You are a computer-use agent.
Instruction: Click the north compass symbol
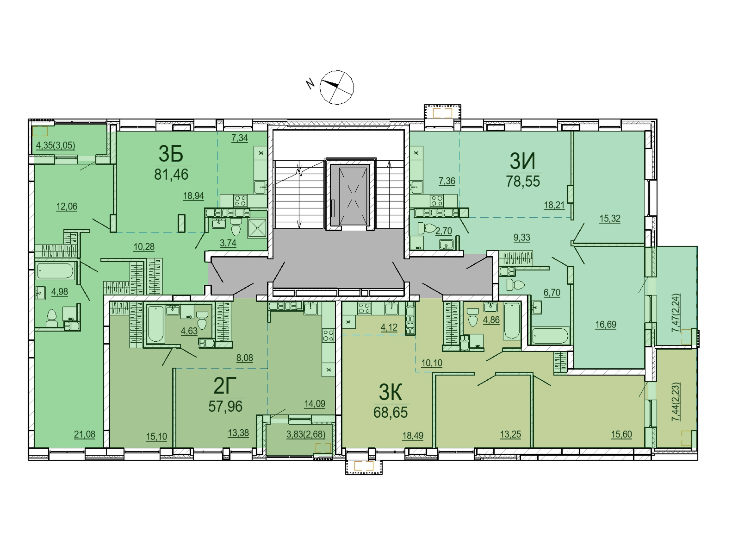click(336, 87)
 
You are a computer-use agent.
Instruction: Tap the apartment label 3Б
click(171, 154)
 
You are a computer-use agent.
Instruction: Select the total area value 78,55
click(523, 181)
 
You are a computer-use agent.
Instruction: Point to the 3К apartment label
click(391, 392)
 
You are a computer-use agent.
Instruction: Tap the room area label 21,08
click(84, 434)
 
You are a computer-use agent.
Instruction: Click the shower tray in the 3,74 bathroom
click(257, 228)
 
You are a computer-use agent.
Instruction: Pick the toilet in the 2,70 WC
click(427, 229)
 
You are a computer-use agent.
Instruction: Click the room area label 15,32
click(609, 219)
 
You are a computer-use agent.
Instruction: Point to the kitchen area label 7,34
click(239, 138)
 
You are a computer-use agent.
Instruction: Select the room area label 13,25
click(510, 434)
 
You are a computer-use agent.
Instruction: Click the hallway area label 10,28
click(144, 247)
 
